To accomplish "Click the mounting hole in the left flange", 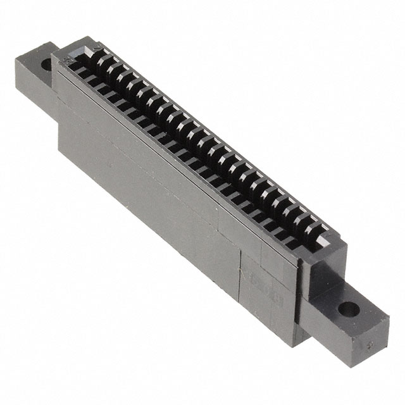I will [46, 64].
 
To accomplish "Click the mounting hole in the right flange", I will [347, 310].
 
